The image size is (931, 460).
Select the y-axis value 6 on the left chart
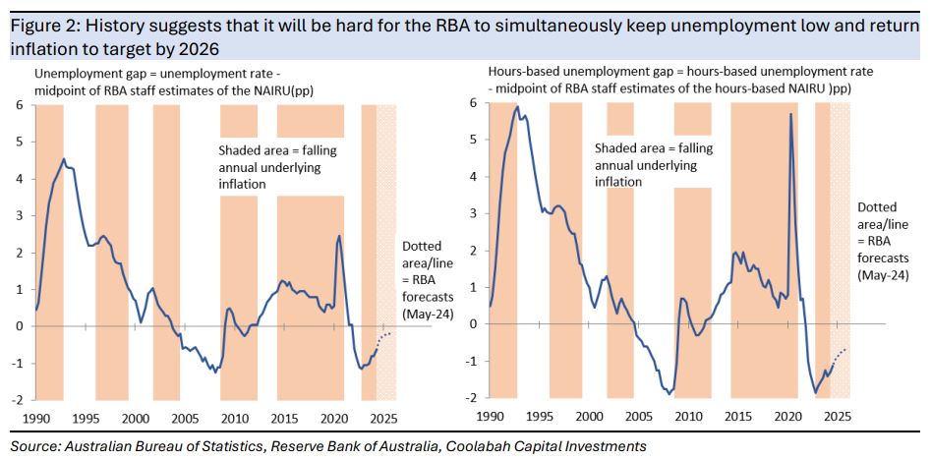pos(19,103)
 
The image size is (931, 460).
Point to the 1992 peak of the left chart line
pos(64,159)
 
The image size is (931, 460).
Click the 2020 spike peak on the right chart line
pos(790,115)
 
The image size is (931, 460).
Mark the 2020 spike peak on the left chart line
pos(339,236)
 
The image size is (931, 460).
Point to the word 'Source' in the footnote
pos(33,446)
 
